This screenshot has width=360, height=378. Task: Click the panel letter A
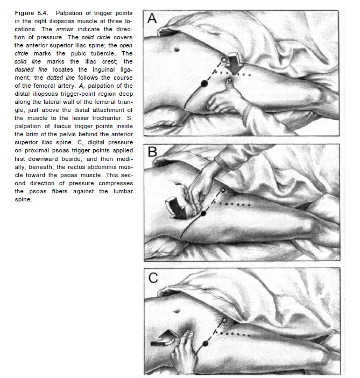pos(152,19)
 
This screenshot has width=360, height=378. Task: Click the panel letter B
pos(152,152)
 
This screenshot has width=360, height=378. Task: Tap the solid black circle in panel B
pos(204,214)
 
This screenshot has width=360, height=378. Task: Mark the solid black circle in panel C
pos(204,342)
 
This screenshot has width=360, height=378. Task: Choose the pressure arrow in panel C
pos(164,339)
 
